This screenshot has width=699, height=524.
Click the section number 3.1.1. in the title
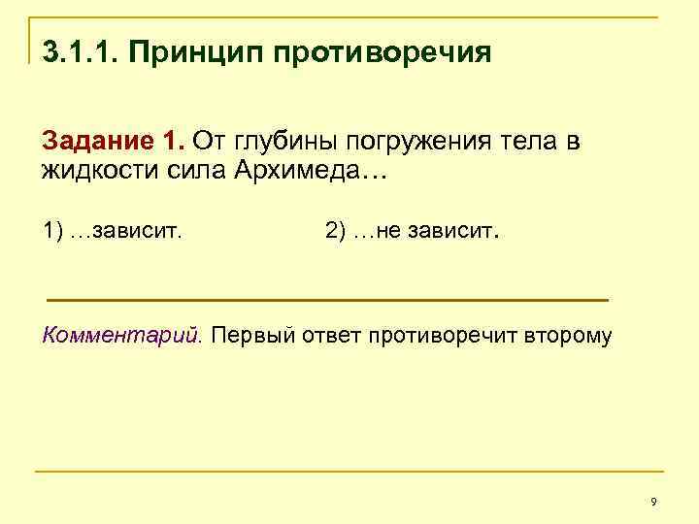coord(78,50)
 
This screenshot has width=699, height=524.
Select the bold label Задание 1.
coord(113,142)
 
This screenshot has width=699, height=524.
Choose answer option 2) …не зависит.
coord(412,232)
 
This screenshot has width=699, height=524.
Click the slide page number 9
coord(653,501)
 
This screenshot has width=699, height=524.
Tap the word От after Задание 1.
coord(207,142)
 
